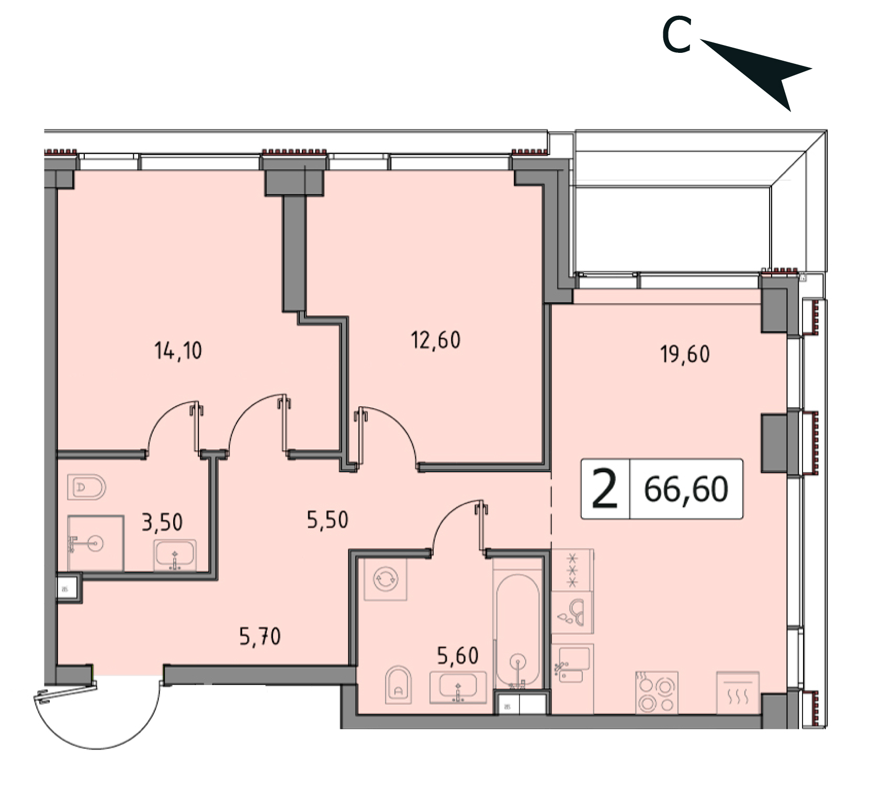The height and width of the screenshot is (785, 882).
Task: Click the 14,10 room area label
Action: click(x=178, y=350)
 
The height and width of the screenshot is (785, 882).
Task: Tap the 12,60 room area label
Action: click(x=436, y=340)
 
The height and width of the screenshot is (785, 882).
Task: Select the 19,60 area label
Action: click(x=685, y=354)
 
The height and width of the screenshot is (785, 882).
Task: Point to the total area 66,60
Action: click(x=686, y=489)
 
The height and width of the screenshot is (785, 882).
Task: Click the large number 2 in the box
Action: click(x=605, y=489)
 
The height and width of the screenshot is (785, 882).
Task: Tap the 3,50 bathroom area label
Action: click(x=162, y=522)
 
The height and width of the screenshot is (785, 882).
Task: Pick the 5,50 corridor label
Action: click(x=327, y=520)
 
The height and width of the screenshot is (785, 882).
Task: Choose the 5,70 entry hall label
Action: click(x=260, y=636)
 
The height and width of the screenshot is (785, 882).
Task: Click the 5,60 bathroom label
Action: click(x=458, y=655)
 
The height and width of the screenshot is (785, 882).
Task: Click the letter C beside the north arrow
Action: click(x=676, y=35)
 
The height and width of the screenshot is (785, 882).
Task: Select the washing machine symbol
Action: click(x=386, y=579)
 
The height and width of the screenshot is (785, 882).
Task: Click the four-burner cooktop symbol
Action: click(x=657, y=692)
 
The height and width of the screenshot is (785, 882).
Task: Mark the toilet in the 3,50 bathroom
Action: click(x=86, y=487)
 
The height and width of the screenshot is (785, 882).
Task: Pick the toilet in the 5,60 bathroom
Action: click(x=398, y=685)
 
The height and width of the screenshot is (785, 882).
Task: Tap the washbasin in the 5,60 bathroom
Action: click(x=458, y=688)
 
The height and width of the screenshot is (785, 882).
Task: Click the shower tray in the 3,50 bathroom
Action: click(x=96, y=543)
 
